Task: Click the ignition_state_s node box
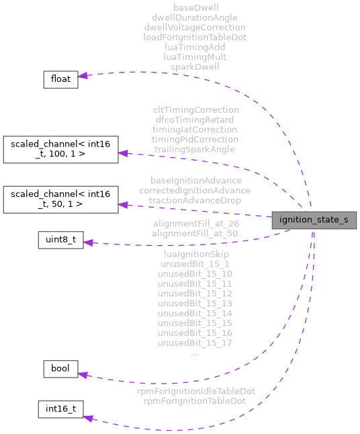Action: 313,220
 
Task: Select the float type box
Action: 60,79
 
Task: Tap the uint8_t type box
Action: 60,241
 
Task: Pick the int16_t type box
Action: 60,410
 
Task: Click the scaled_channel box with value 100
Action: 60,150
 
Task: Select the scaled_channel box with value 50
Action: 60,200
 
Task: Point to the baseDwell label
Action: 195,8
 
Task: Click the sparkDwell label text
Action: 195,67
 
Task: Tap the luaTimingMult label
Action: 195,57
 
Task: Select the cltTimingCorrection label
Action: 195,110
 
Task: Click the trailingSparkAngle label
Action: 195,148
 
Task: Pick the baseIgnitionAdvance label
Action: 195,181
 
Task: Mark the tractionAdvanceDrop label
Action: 195,200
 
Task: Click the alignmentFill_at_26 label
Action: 195,223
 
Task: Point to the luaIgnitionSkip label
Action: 195,254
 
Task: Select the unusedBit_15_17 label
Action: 195,343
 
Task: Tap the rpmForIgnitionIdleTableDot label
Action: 195,390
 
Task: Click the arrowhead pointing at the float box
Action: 83,76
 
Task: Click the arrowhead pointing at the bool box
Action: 83,376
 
